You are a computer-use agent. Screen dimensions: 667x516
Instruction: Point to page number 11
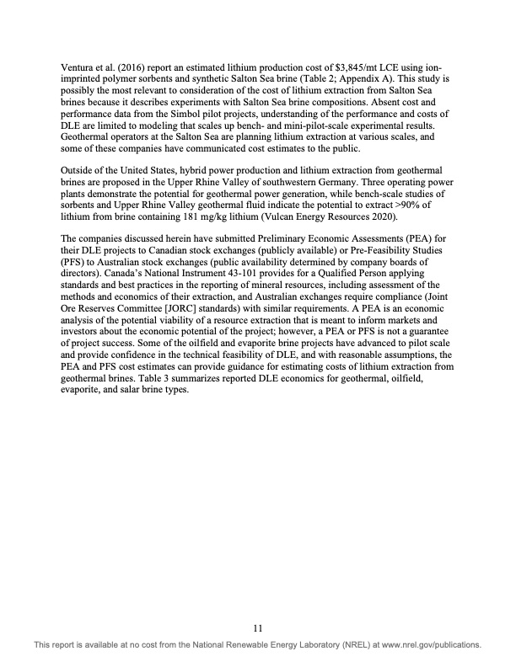point(258,627)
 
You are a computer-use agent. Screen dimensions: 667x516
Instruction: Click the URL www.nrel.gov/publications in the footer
point(427,645)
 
